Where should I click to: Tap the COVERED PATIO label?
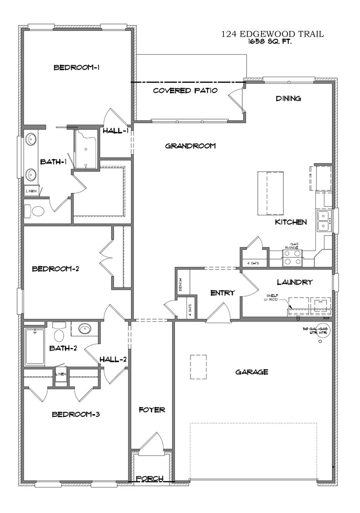click(185, 91)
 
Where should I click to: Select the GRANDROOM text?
click(190, 146)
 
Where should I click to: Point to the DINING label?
click(288, 98)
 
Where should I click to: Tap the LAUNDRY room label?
click(294, 282)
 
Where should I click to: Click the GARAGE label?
click(252, 372)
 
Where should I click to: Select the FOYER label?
click(152, 410)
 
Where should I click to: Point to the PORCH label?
click(151, 479)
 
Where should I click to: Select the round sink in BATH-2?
click(84, 329)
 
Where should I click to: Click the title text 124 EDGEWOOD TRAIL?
click(272, 35)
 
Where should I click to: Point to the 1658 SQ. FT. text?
click(270, 43)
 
